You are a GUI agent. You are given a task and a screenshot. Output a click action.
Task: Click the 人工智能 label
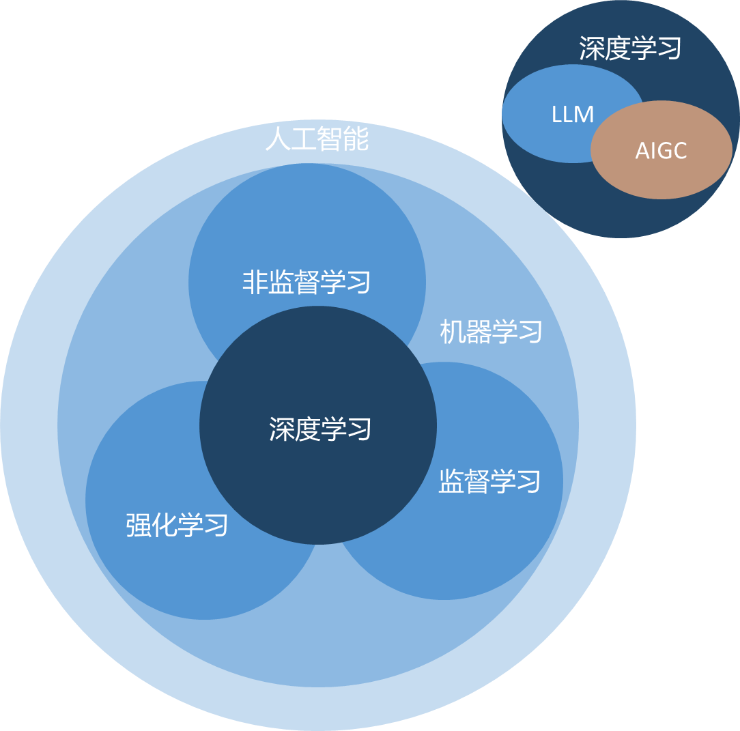317,139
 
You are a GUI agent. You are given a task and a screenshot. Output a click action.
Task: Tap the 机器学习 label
491,332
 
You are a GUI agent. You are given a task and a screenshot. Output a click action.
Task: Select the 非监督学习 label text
307,282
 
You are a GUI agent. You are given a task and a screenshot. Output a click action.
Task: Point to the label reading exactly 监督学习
489,481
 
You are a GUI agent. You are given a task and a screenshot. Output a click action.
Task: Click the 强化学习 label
177,526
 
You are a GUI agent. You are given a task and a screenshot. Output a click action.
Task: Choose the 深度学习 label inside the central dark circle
319,429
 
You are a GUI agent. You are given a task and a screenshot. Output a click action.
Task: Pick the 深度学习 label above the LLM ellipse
630,48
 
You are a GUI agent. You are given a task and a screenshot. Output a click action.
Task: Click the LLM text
572,115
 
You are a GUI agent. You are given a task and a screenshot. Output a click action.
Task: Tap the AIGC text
661,151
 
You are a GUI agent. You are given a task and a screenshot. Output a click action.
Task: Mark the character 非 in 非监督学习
255,282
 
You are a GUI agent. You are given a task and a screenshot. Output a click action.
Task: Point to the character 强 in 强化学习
139,526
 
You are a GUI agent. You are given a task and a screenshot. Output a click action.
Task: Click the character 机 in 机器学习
452,332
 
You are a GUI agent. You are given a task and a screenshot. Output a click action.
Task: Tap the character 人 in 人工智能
277,139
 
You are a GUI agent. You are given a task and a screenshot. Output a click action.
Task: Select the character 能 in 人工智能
356,139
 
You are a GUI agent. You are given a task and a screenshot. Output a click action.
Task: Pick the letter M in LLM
585,115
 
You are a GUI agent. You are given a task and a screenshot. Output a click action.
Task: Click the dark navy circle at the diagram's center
318,478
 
